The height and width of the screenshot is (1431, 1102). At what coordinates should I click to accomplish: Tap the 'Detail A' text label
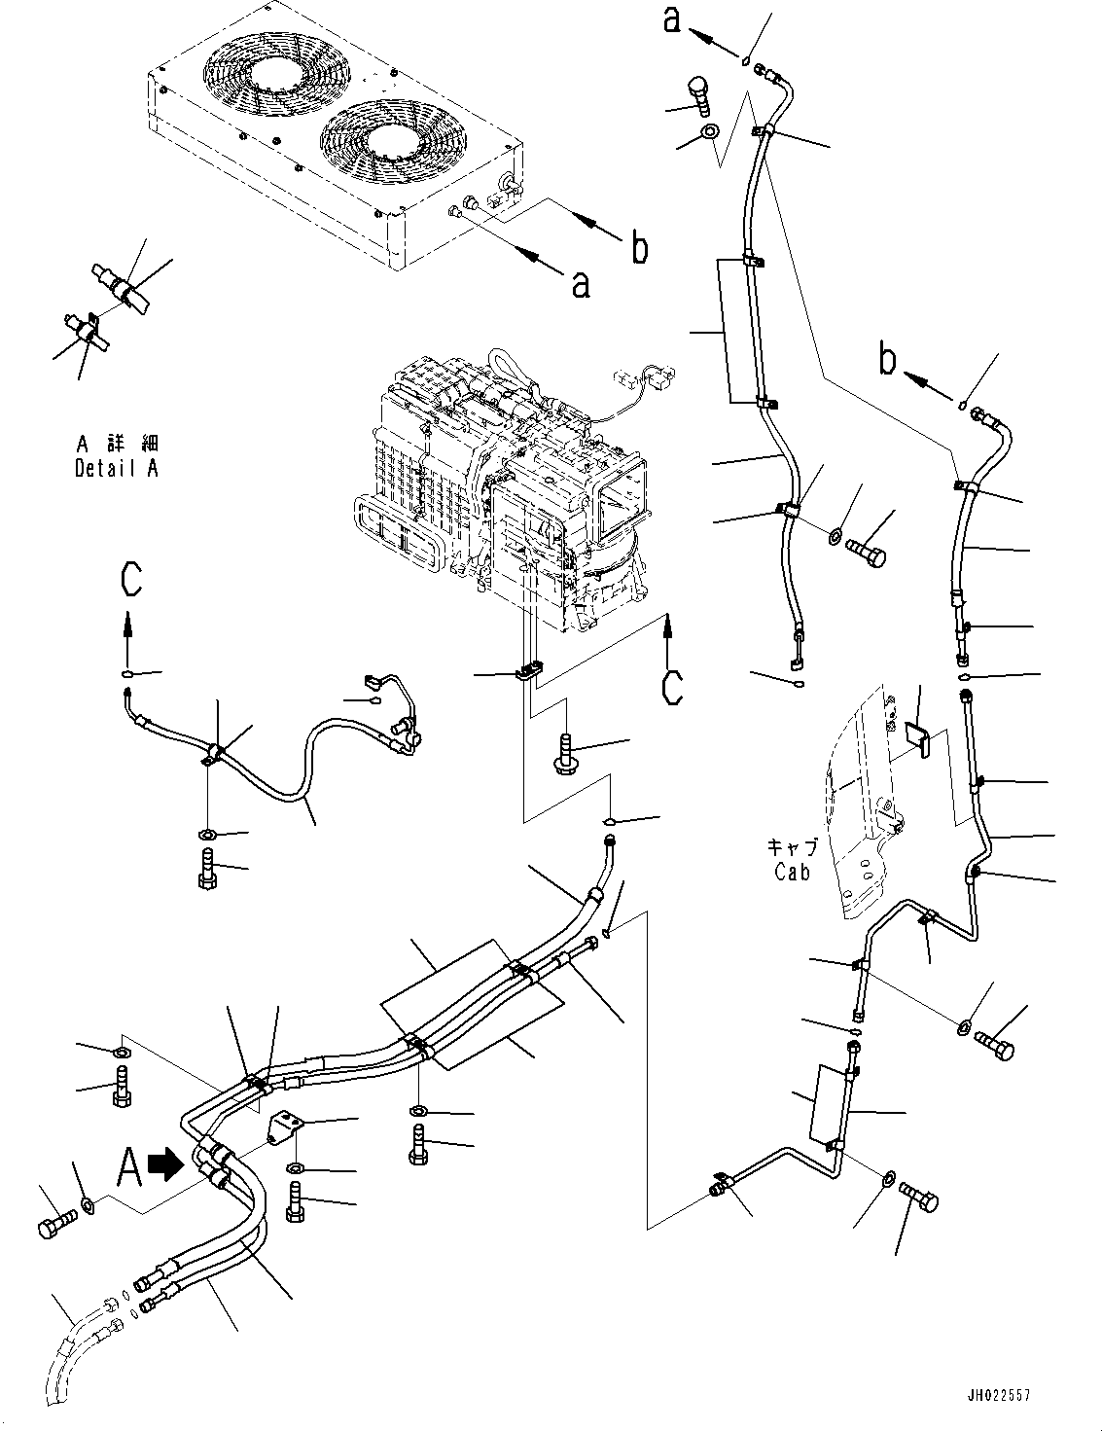(117, 468)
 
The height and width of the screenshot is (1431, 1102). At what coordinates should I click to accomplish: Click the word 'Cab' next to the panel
(792, 873)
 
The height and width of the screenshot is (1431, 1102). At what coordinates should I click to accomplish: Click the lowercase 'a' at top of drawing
(672, 20)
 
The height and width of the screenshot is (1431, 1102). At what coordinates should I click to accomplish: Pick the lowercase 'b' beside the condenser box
(639, 248)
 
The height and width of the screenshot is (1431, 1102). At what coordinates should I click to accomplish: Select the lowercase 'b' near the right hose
(886, 361)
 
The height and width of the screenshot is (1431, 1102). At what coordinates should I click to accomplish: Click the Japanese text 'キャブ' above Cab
(791, 847)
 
